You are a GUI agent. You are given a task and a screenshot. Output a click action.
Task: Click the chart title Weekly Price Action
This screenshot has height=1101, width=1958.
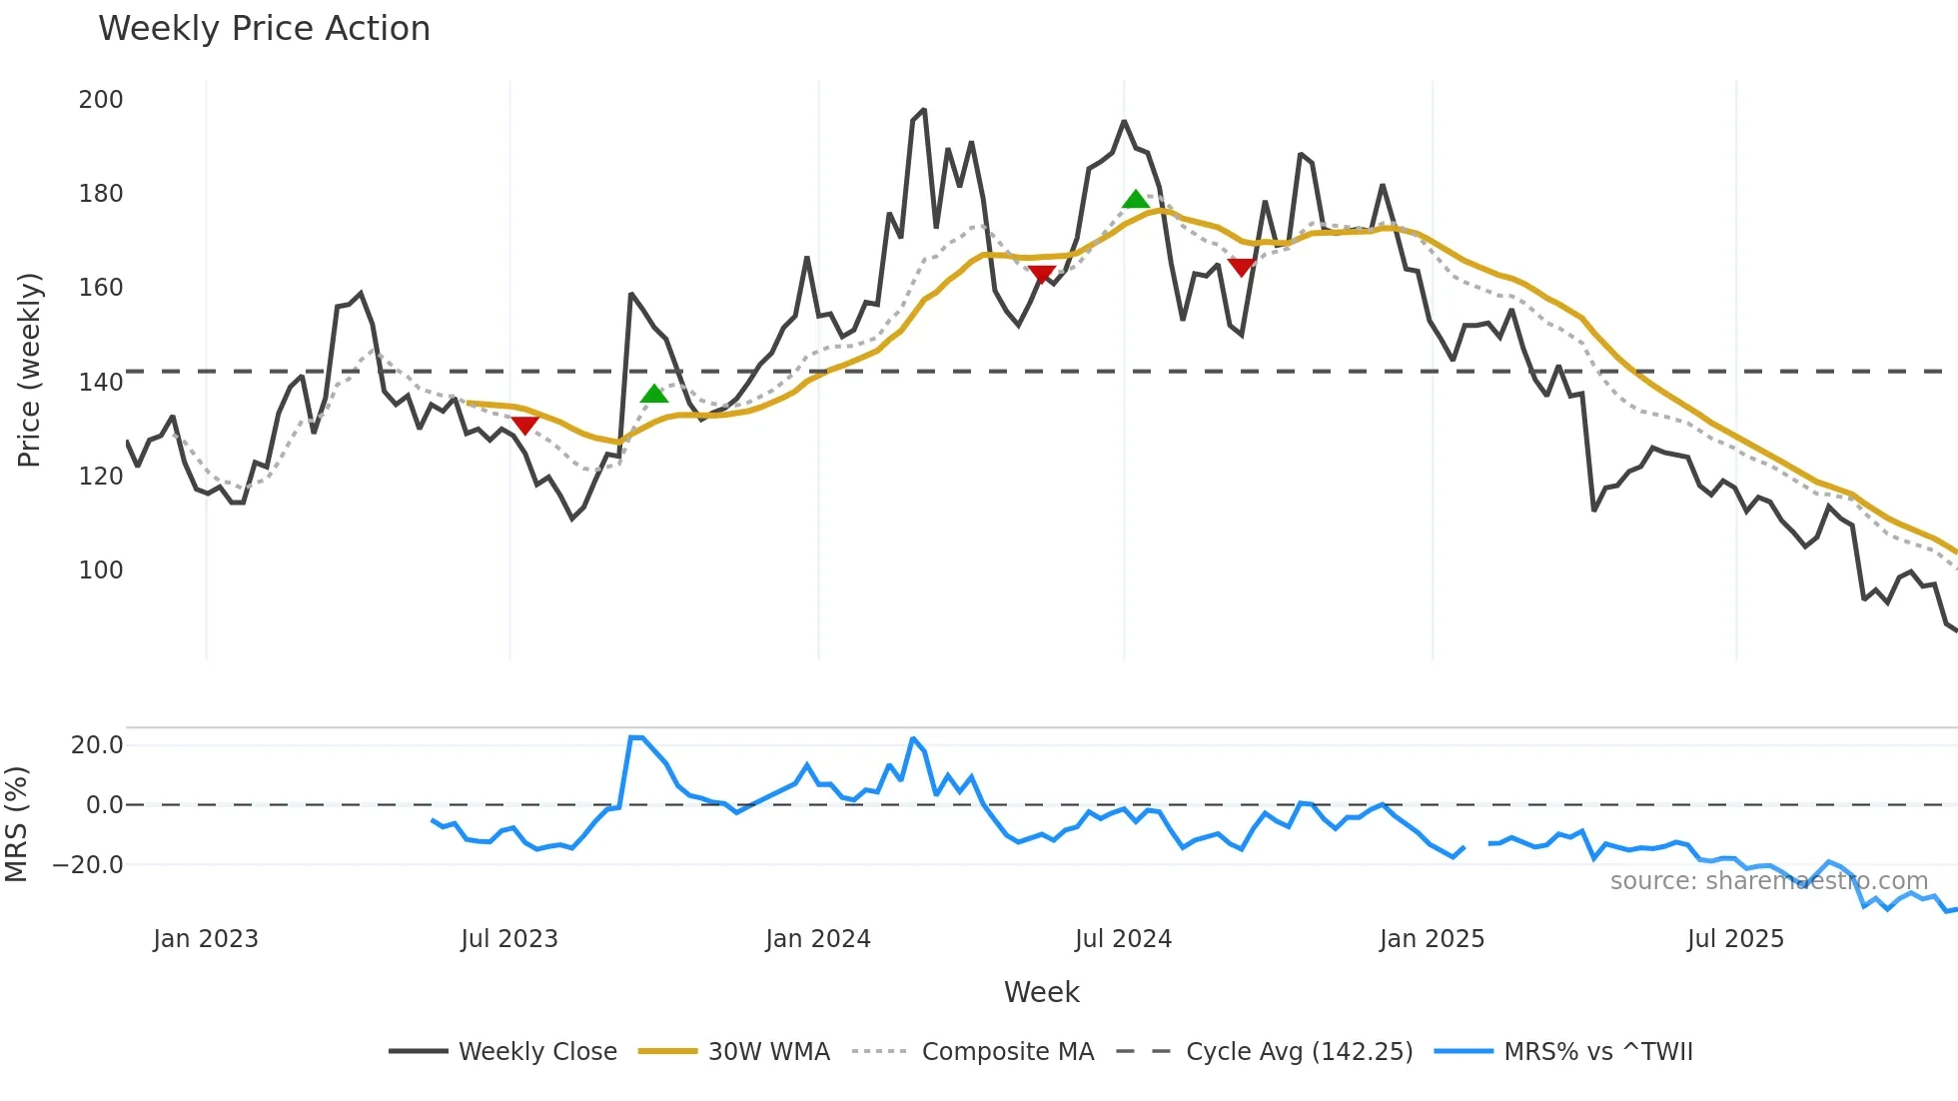264,29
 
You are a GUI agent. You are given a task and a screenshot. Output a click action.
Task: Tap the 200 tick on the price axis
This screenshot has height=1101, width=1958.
101,100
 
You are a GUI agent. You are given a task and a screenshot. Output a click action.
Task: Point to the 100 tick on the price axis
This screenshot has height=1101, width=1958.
101,570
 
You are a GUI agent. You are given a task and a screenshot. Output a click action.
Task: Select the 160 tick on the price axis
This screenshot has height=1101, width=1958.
101,288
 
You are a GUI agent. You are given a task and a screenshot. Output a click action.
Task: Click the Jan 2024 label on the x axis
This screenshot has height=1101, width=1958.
818,939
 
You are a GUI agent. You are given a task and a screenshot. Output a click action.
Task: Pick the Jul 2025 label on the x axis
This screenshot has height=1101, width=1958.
1735,939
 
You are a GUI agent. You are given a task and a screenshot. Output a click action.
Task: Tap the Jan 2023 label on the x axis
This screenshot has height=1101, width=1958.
206,939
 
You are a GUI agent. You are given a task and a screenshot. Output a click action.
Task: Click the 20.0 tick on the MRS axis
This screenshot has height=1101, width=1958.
97,745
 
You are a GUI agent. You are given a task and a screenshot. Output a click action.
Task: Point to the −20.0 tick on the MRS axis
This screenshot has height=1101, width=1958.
88,865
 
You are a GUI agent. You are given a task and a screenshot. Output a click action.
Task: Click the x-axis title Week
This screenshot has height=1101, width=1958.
1041,992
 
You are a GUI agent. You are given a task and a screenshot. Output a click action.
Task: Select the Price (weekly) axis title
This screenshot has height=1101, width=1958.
30,370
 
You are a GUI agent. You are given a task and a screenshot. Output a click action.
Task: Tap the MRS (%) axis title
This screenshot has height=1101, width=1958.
17,824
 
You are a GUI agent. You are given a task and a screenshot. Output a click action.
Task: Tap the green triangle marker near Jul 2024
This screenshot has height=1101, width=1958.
1136,200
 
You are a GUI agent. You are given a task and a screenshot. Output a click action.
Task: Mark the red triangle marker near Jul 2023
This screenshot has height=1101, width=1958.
524,426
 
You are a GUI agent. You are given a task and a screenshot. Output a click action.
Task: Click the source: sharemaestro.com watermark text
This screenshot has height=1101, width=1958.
1768,881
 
